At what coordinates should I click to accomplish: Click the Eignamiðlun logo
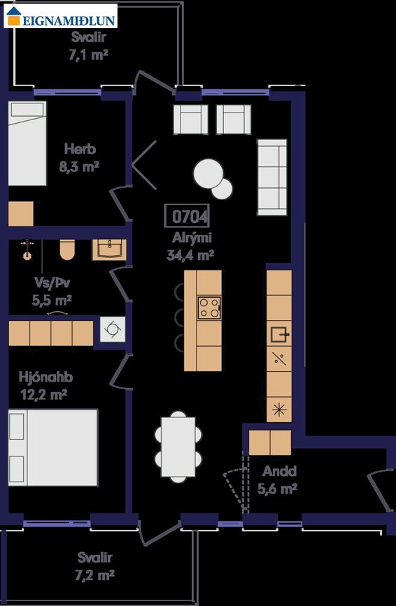(60, 16)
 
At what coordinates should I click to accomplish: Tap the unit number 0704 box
(188, 216)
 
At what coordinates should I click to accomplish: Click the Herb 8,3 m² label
(80, 158)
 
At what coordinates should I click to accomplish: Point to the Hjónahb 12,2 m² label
(45, 385)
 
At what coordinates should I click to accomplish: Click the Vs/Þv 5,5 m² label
(52, 291)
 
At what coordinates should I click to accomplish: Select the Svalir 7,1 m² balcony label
(89, 46)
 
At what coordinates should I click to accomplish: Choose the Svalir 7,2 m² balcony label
(95, 566)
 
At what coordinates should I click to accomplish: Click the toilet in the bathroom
(67, 250)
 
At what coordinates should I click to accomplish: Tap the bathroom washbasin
(109, 250)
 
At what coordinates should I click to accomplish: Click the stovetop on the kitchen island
(209, 308)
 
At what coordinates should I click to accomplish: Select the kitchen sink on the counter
(280, 334)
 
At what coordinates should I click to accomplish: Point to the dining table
(178, 447)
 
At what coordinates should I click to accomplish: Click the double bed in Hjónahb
(53, 447)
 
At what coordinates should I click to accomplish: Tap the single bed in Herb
(27, 143)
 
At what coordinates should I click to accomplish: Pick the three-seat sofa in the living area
(272, 178)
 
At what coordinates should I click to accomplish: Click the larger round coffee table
(208, 174)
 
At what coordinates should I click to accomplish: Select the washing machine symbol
(113, 329)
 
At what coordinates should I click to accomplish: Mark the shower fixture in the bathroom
(27, 250)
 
